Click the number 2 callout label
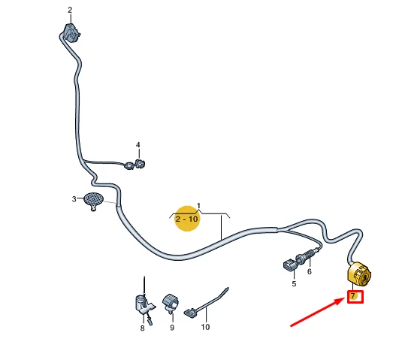tap(70, 10)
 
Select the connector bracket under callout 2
tap(71, 32)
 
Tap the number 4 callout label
tap(138, 145)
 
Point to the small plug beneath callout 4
tap(141, 163)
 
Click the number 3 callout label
tap(74, 199)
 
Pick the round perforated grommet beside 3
tap(93, 201)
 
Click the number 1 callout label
tap(198, 206)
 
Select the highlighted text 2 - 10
tap(186, 219)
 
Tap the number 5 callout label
tap(294, 284)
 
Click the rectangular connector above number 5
tap(289, 266)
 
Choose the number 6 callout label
tap(309, 271)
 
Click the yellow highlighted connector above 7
tap(359, 274)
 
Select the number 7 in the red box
tap(353, 295)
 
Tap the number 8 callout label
tap(142, 328)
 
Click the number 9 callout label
tap(172, 328)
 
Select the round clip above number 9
tap(171, 302)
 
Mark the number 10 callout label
tap(205, 327)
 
